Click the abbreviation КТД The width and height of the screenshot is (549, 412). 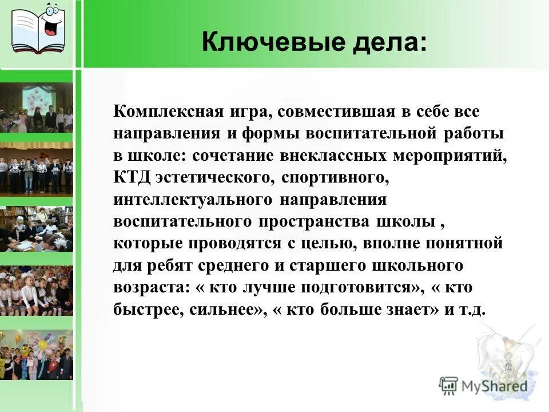point(131,177)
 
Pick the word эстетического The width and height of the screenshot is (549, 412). point(214,177)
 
